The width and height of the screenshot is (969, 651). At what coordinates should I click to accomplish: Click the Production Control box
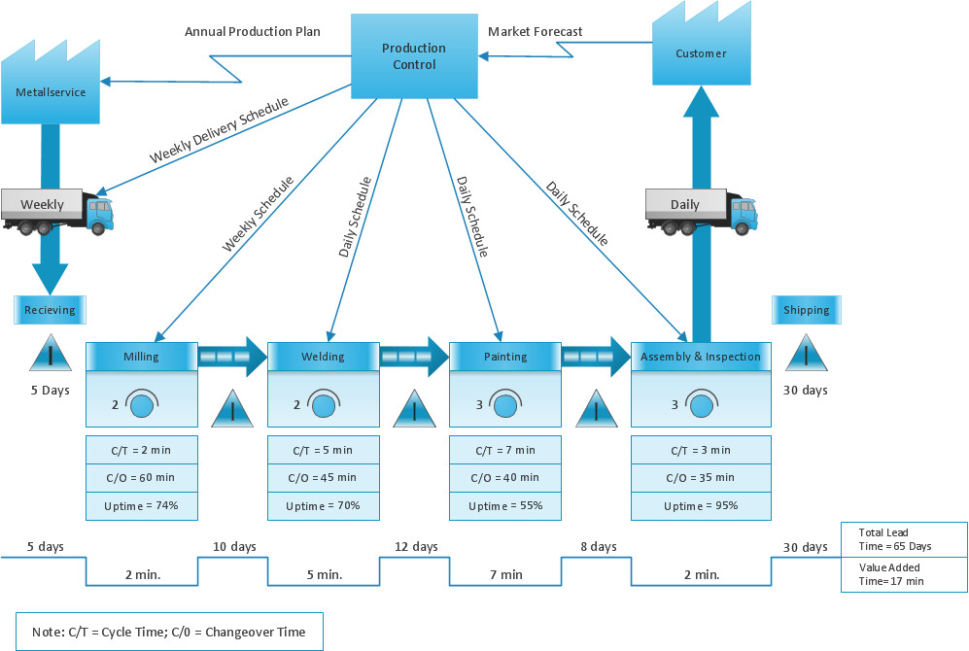point(414,56)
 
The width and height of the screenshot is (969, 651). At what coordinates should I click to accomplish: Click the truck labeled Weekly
point(56,210)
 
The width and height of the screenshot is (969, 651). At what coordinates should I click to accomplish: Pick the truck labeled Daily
point(701,210)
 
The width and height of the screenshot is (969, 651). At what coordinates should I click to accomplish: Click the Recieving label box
point(50,310)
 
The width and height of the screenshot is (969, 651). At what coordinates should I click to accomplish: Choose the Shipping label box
point(807,310)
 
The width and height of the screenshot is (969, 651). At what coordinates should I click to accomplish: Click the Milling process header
point(142,357)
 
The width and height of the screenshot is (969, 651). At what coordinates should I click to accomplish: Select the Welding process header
point(323,357)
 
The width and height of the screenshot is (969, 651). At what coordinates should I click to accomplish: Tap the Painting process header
point(505,357)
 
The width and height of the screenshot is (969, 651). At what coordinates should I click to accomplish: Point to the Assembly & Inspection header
point(701,357)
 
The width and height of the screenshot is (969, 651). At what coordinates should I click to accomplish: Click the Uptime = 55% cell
point(505,506)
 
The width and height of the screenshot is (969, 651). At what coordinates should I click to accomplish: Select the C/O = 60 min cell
point(142,478)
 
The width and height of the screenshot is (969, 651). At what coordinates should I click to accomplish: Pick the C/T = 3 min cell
point(701,450)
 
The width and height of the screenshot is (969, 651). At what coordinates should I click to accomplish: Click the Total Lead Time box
point(904,539)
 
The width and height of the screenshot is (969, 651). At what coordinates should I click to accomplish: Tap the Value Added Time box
point(904,574)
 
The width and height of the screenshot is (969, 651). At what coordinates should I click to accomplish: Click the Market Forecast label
point(536,32)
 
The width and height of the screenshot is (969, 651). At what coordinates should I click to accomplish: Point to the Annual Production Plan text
point(253,32)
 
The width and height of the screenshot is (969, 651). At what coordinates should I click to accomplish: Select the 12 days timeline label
point(416,547)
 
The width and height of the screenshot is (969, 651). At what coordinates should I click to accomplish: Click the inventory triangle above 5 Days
point(51,355)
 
